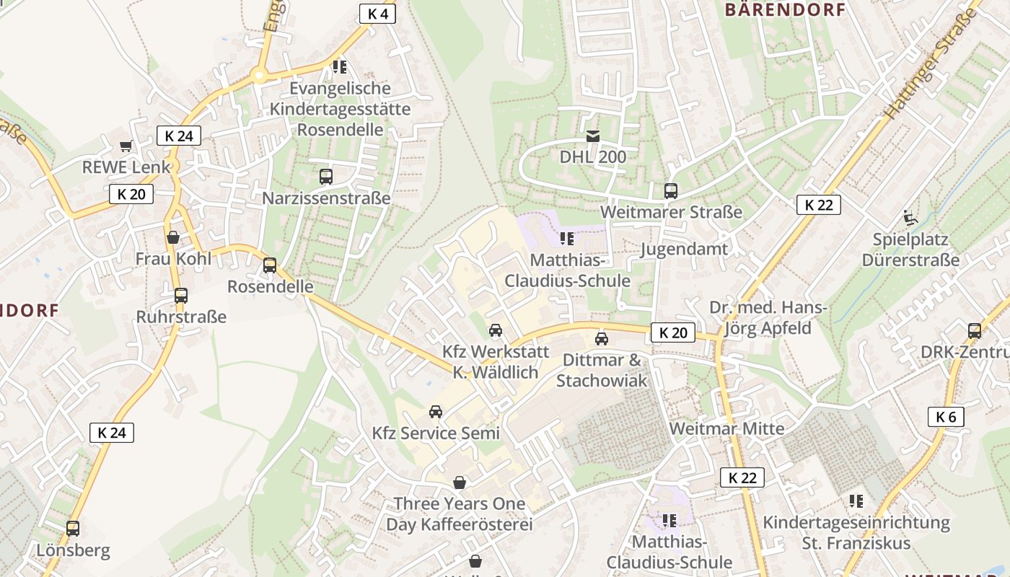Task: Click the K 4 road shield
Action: (377, 14)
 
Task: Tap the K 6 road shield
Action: (946, 416)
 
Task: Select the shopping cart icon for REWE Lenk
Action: (126, 146)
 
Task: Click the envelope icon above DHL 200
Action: (593, 136)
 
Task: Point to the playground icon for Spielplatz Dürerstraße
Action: (910, 217)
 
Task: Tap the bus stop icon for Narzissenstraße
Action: (326, 176)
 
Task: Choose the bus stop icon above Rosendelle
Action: (270, 265)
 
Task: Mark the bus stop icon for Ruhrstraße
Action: (181, 295)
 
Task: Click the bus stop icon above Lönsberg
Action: (73, 528)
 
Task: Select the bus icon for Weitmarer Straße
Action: (671, 191)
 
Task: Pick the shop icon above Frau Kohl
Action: (173, 237)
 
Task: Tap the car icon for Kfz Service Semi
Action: (436, 411)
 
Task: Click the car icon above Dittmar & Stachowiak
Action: (602, 338)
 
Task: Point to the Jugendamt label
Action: (684, 250)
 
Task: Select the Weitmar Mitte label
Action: (726, 428)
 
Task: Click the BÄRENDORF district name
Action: (784, 9)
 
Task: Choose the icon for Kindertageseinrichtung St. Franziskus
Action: (856, 501)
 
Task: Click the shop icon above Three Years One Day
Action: (460, 482)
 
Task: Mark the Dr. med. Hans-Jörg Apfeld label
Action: (768, 318)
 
